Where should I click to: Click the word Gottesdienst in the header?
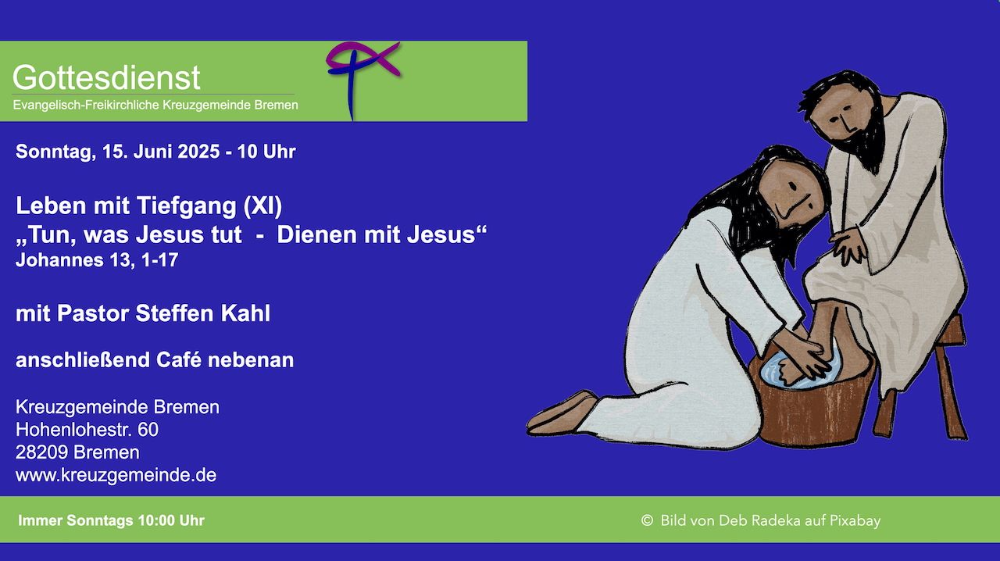[106, 77]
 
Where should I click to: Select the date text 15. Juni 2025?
[161, 152]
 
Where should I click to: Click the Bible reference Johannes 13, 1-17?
[97, 260]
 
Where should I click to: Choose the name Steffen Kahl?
[203, 313]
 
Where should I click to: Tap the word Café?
[179, 360]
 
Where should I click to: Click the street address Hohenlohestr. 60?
[87, 430]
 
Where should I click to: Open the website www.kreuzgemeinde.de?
[116, 475]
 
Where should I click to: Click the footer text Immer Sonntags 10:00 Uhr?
[111, 521]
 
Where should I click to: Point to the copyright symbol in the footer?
[647, 520]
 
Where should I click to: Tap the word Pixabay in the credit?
[855, 521]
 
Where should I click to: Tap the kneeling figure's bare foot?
[562, 413]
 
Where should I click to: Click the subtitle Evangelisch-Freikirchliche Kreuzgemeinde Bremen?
[155, 105]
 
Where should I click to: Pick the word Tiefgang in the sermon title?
[186, 206]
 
